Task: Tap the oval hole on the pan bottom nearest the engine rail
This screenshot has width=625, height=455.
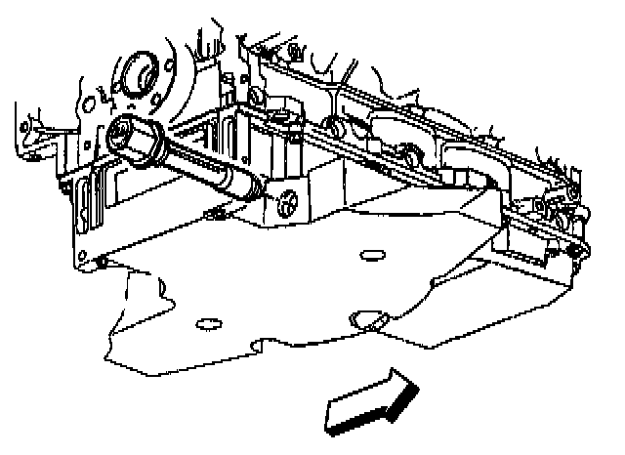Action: [370, 255]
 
